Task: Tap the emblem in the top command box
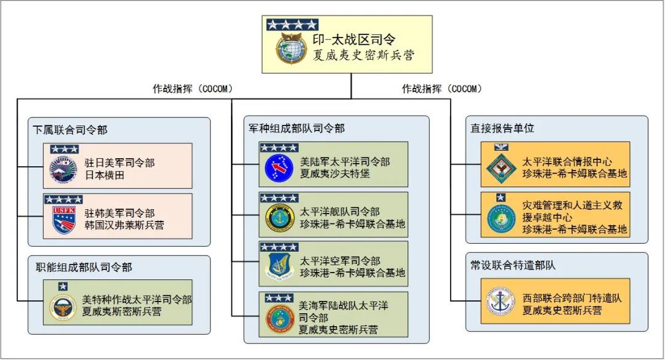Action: click(289, 49)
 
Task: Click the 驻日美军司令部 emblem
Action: click(63, 169)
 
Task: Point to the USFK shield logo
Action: click(63, 220)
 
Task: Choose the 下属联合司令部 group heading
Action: click(70, 130)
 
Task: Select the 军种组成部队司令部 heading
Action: click(296, 129)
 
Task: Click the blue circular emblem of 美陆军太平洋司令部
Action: click(278, 168)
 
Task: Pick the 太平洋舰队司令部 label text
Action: click(340, 212)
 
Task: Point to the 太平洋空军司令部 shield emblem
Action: click(278, 266)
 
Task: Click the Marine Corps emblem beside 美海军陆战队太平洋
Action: click(279, 318)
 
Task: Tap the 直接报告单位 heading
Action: click(494, 129)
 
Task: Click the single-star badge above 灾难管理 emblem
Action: click(501, 198)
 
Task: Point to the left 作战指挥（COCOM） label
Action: click(193, 89)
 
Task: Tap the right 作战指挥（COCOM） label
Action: click(442, 89)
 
